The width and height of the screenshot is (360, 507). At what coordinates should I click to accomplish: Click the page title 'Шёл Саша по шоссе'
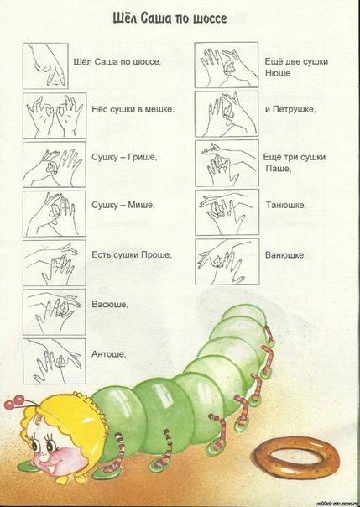click(x=170, y=18)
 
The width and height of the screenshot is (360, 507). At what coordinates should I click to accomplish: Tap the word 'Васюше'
click(x=109, y=304)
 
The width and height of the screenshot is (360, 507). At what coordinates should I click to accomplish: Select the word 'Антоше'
click(x=108, y=354)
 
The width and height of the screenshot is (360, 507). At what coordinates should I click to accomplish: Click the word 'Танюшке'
click(x=284, y=206)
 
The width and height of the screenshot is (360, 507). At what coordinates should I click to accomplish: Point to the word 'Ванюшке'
click(x=284, y=255)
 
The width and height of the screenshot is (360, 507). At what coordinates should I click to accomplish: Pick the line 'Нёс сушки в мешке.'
click(x=133, y=109)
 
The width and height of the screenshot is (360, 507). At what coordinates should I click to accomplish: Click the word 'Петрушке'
click(x=293, y=109)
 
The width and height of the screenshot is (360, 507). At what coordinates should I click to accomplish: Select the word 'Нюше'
click(x=278, y=73)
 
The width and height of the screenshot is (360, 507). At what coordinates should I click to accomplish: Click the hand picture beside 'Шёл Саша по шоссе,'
click(x=45, y=66)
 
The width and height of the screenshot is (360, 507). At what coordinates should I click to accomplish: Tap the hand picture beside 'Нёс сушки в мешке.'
click(x=55, y=116)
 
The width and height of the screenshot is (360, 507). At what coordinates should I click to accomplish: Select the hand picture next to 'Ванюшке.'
click(x=227, y=262)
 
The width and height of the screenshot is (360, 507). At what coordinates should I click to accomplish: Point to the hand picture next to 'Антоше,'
click(x=54, y=361)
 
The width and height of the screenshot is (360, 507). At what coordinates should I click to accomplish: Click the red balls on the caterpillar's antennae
click(x=14, y=402)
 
